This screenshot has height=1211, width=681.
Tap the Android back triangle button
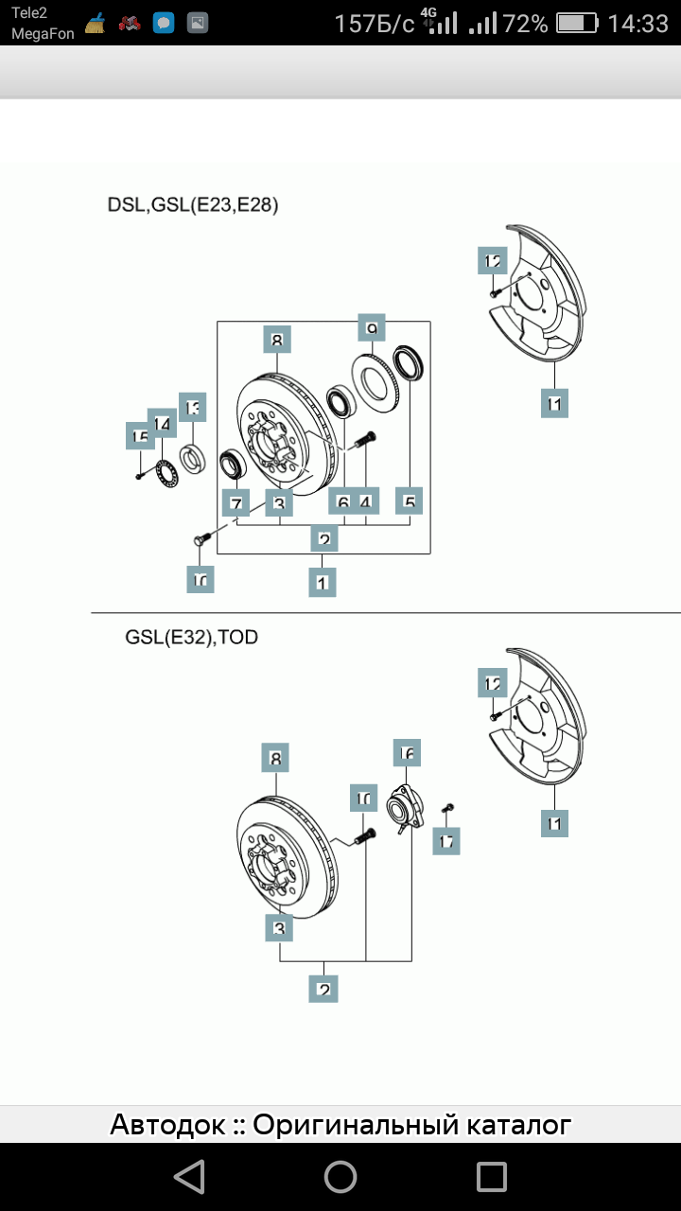pyautogui.click(x=190, y=1177)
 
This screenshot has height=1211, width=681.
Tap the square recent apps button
pyautogui.click(x=492, y=1177)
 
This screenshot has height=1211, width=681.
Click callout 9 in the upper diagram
pyautogui.click(x=372, y=327)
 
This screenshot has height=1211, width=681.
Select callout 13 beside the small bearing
pyautogui.click(x=193, y=408)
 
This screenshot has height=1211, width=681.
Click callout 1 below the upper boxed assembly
pyautogui.click(x=323, y=582)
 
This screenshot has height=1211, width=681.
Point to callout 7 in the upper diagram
pyautogui.click(x=236, y=503)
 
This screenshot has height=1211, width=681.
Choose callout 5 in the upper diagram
pyautogui.click(x=410, y=501)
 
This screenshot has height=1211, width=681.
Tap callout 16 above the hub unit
pyautogui.click(x=407, y=753)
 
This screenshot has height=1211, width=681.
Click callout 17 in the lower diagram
pyautogui.click(x=446, y=840)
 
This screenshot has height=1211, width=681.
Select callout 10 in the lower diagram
pyautogui.click(x=363, y=799)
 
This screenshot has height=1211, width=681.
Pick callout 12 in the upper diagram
pyautogui.click(x=493, y=260)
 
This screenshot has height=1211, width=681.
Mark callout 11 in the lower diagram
pyautogui.click(x=554, y=823)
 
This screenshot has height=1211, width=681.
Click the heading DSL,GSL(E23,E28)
pyautogui.click(x=193, y=204)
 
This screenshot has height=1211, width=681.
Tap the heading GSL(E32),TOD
pyautogui.click(x=191, y=637)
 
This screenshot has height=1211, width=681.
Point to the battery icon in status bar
pyautogui.click(x=577, y=24)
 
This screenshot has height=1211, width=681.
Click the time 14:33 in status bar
pyautogui.click(x=637, y=24)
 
